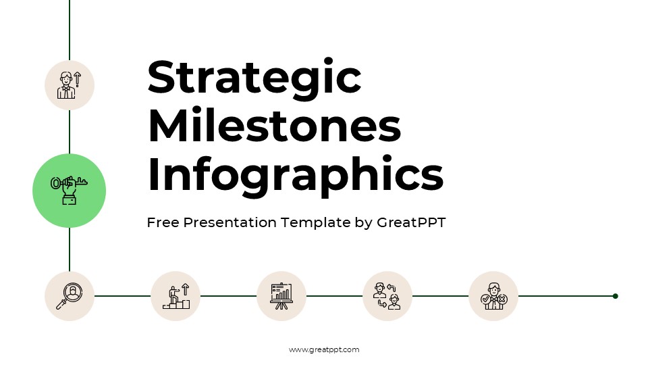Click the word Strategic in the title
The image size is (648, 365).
click(x=254, y=78)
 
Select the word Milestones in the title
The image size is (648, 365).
click(x=274, y=126)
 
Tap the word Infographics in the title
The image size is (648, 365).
click(x=295, y=175)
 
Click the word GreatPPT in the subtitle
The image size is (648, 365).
click(x=411, y=222)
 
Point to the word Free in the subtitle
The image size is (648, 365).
click(x=164, y=222)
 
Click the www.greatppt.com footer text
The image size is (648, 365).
click(x=324, y=349)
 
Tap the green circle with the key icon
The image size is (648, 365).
click(x=70, y=191)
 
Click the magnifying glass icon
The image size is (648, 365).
click(x=70, y=296)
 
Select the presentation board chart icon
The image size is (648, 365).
click(x=281, y=296)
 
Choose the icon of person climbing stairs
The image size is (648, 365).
click(x=175, y=296)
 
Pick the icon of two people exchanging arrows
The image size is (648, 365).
click(x=387, y=296)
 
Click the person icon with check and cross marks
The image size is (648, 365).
click(x=493, y=296)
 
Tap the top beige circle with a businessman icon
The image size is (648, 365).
click(x=70, y=85)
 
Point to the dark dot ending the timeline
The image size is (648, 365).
click(x=615, y=296)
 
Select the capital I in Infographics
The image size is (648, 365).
click(x=154, y=174)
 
